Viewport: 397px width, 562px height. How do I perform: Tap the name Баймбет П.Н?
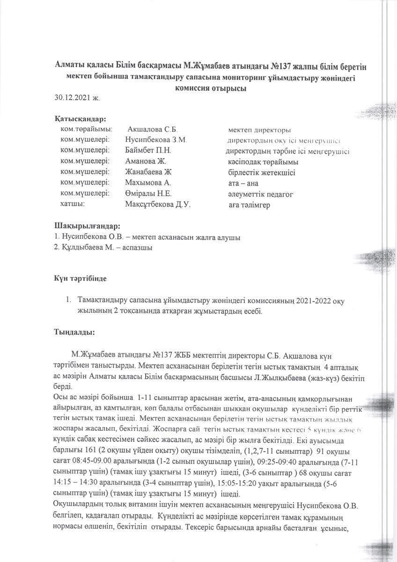(x=148, y=151)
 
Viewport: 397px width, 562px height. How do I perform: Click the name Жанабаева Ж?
(x=148, y=172)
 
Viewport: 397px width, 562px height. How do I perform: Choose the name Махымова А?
(x=148, y=183)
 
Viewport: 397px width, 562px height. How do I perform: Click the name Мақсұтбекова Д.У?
(x=158, y=205)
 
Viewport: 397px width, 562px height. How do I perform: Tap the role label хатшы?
(x=72, y=204)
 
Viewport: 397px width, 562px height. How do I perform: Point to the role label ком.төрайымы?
(x=87, y=129)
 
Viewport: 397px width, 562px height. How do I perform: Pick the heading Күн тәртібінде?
(x=81, y=279)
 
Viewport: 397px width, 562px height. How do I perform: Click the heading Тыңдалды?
(x=75, y=332)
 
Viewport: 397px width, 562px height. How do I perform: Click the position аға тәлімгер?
(x=249, y=205)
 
